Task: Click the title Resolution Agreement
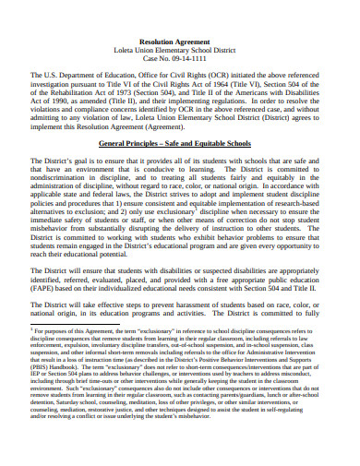click(x=180, y=43)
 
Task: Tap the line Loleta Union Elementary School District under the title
click(x=180, y=53)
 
